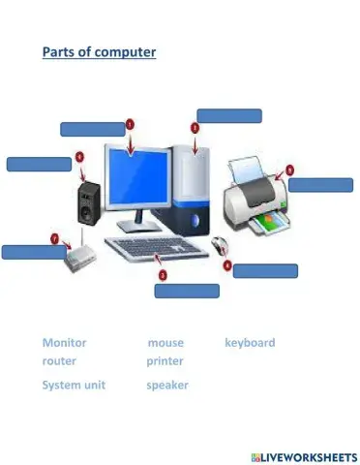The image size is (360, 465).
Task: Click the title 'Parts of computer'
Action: pyautogui.click(x=99, y=51)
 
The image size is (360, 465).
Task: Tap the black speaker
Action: pyautogui.click(x=89, y=201)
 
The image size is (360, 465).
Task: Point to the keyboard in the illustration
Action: pyautogui.click(x=158, y=250)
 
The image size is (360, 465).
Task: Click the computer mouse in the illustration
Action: pyautogui.click(x=221, y=245)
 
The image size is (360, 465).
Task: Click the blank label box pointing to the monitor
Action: pyautogui.click(x=92, y=129)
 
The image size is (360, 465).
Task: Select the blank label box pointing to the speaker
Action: pyautogui.click(x=39, y=164)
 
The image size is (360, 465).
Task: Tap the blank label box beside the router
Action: pyautogui.click(x=33, y=252)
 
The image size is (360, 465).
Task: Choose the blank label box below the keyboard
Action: pyautogui.click(x=186, y=290)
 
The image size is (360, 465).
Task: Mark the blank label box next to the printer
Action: pyautogui.click(x=320, y=185)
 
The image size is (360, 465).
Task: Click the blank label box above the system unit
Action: pyautogui.click(x=229, y=115)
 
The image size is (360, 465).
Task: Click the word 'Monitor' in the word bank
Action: pyautogui.click(x=64, y=343)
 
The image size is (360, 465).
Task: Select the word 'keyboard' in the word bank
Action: pyautogui.click(x=250, y=343)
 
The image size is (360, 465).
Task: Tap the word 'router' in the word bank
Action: pyautogui.click(x=59, y=360)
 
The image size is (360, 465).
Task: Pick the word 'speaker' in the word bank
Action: pyautogui.click(x=167, y=386)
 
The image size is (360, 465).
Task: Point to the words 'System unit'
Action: pyautogui.click(x=74, y=386)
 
